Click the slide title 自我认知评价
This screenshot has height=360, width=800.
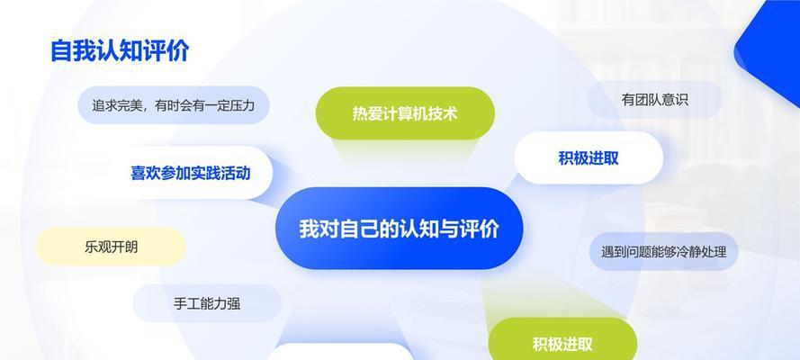click(120, 51)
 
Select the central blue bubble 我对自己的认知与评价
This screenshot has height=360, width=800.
click(399, 228)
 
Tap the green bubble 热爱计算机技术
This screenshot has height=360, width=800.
click(405, 113)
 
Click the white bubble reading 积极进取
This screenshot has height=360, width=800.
click(589, 158)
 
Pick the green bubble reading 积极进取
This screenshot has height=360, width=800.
click(562, 342)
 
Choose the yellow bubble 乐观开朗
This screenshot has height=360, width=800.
click(111, 247)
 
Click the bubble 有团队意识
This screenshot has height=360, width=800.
click(654, 99)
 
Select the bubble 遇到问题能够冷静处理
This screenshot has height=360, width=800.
click(664, 251)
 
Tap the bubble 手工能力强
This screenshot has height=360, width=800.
click(207, 304)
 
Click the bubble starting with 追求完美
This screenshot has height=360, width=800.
click(173, 105)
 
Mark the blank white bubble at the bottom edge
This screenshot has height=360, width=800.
click(340, 352)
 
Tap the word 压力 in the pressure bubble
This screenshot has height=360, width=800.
click(242, 105)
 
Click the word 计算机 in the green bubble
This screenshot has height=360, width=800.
click(405, 113)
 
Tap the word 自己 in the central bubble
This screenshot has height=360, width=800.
click(359, 228)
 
